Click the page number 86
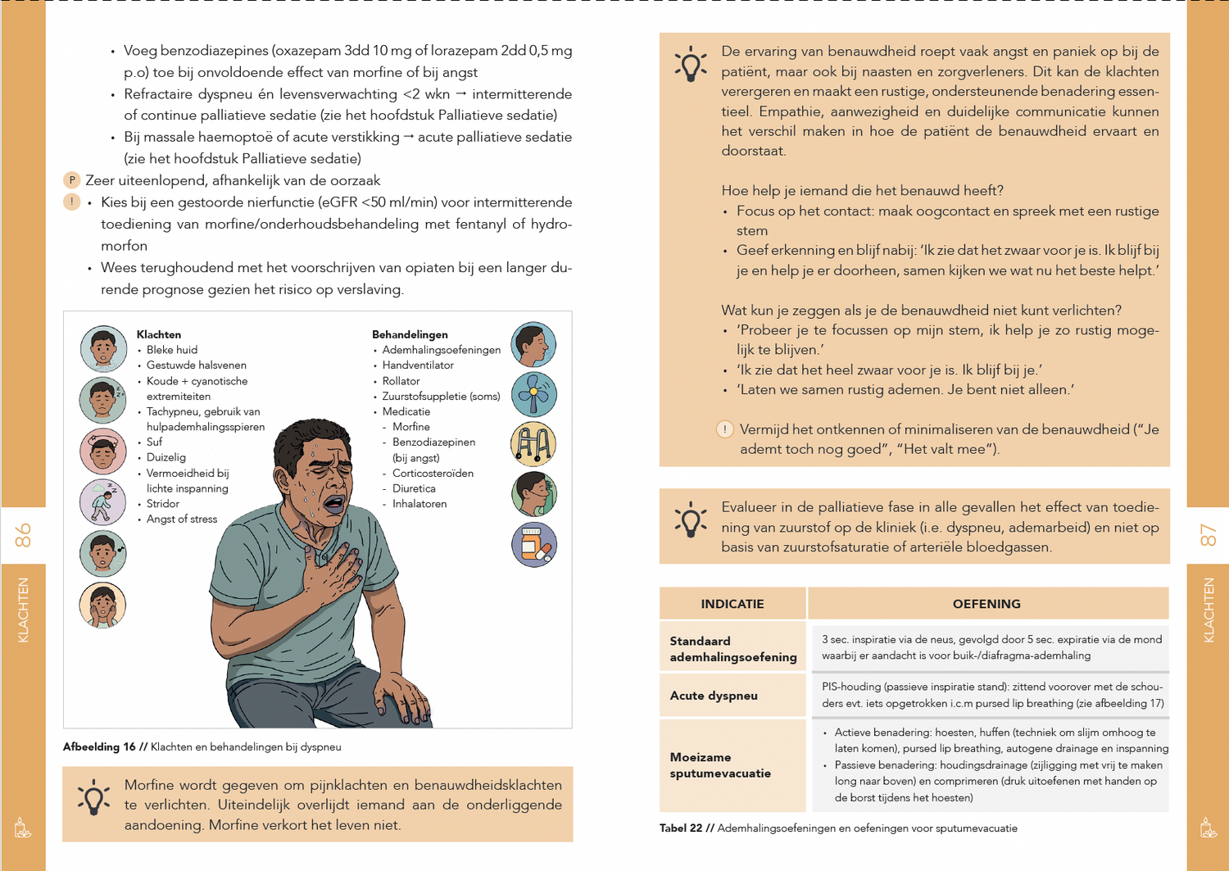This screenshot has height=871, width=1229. point(23,536)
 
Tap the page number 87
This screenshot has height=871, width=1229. point(1208,536)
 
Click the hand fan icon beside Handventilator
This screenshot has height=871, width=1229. point(533,394)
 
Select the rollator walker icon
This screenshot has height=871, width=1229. point(533,444)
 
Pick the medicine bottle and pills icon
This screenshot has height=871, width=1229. point(533,545)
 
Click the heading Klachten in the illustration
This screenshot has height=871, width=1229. point(159,334)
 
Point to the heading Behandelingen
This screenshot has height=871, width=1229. point(410,334)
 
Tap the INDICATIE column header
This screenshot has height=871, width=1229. point(732,604)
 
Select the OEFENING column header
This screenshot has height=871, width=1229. point(986,604)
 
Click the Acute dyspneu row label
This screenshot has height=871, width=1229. point(714,696)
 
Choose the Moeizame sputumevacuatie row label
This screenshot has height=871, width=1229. point(720,765)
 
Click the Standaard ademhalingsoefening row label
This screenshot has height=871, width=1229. point(732,649)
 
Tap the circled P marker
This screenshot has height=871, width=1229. point(72,180)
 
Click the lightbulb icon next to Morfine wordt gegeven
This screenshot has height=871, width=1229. point(93,797)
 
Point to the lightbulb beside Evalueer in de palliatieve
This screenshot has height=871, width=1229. point(691,519)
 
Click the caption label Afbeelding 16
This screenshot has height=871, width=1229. point(99,747)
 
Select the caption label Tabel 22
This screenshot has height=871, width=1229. point(681,828)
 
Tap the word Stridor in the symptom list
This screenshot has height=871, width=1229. point(162,504)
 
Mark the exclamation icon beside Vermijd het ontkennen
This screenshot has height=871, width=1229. point(725,429)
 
